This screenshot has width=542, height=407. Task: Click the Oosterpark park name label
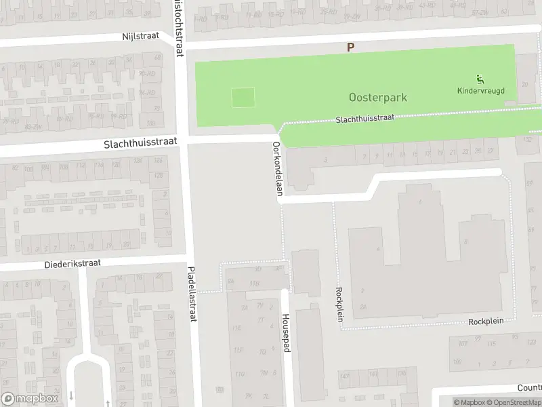click(378, 98)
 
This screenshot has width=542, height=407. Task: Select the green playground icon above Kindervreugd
click(480, 78)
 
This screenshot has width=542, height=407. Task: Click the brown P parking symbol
click(350, 47)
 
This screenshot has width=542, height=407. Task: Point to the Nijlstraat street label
click(140, 37)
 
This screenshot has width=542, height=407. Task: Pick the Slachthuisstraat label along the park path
click(365, 119)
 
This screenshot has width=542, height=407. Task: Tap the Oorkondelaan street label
click(277, 169)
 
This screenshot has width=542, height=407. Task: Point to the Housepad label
click(287, 332)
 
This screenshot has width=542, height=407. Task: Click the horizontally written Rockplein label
click(487, 322)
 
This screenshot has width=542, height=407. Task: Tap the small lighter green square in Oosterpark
click(243, 98)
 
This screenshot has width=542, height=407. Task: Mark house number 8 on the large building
click(465, 242)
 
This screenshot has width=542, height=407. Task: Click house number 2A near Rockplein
click(364, 307)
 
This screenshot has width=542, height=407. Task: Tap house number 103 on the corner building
click(150, 123)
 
